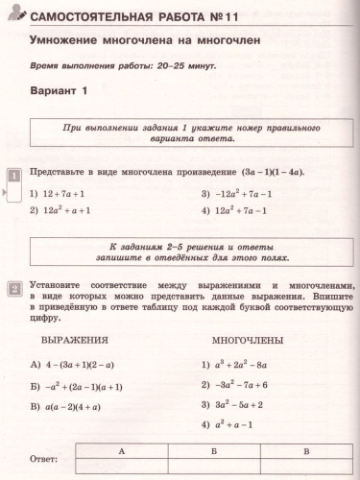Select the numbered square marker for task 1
(14, 176)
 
